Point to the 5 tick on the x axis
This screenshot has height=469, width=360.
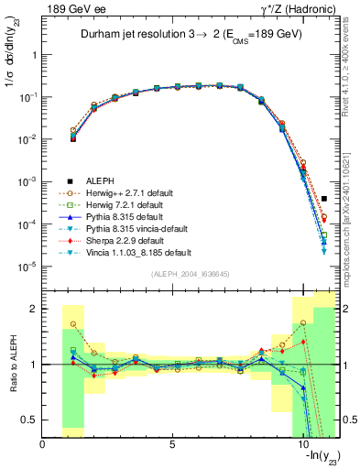172,444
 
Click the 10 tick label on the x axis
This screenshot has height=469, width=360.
300,444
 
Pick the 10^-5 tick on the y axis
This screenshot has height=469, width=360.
27,267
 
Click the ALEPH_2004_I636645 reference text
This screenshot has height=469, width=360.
191,276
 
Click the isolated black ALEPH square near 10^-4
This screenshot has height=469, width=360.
324,198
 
